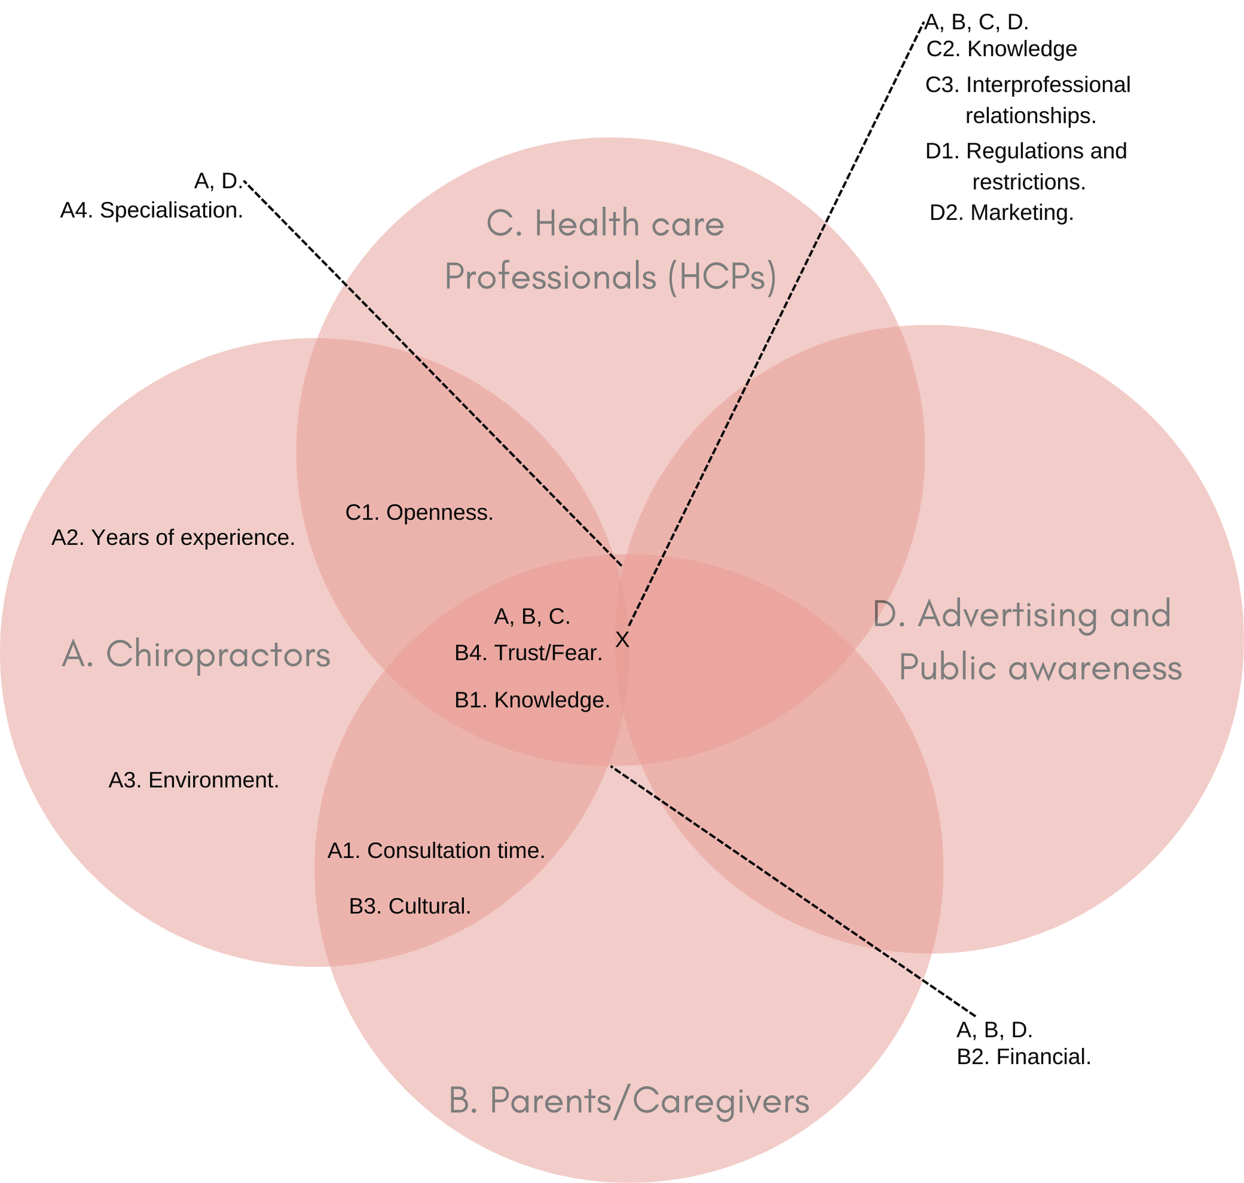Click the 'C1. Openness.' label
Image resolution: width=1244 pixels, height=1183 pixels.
419,513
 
